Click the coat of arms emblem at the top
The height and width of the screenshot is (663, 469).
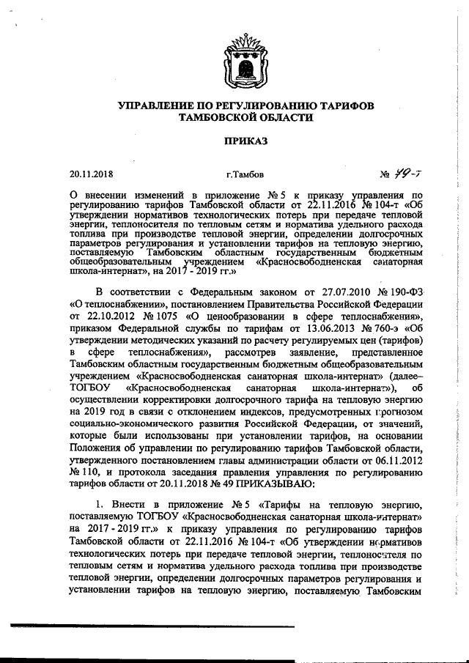(x=235, y=64)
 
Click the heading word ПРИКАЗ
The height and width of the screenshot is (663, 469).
(x=235, y=140)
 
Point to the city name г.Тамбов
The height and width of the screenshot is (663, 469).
(x=245, y=175)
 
